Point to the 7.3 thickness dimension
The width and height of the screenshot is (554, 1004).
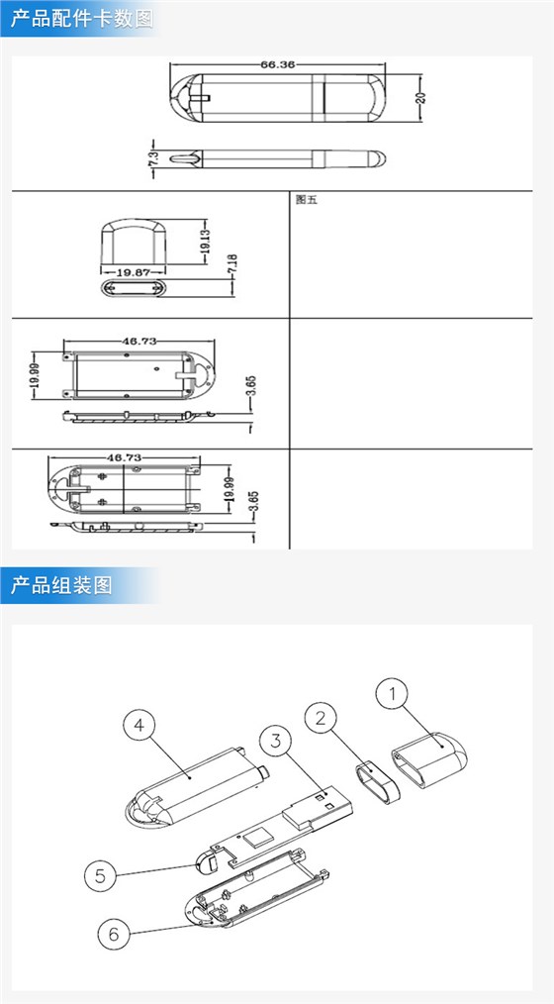point(153,158)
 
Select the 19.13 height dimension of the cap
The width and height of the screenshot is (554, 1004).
point(204,245)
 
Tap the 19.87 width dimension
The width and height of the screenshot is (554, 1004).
point(134,270)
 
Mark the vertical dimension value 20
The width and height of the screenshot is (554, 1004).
point(419,97)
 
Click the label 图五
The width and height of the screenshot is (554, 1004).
point(305,199)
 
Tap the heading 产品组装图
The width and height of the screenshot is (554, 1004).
point(62,585)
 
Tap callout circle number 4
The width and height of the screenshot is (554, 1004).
point(139,726)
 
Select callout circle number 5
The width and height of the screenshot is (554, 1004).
point(100,874)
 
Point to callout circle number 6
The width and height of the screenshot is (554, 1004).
point(114,933)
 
